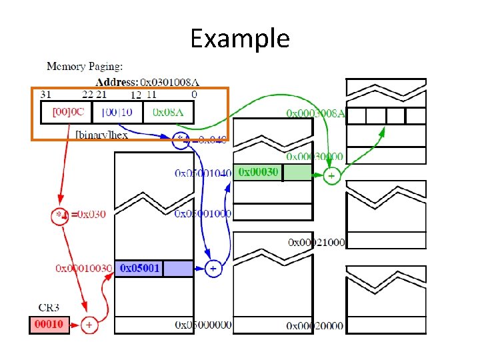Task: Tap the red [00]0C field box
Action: click(66, 112)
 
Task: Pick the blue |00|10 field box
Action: click(117, 112)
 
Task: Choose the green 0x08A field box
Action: click(168, 112)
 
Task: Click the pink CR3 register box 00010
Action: click(49, 325)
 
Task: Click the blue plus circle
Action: click(213, 268)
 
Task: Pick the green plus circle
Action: click(331, 176)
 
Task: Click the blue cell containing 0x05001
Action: click(154, 268)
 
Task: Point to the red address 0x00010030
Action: click(83, 268)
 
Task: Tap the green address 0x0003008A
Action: click(315, 113)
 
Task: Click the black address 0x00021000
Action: click(316, 242)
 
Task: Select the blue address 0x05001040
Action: click(203, 173)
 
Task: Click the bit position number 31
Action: click(47, 95)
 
